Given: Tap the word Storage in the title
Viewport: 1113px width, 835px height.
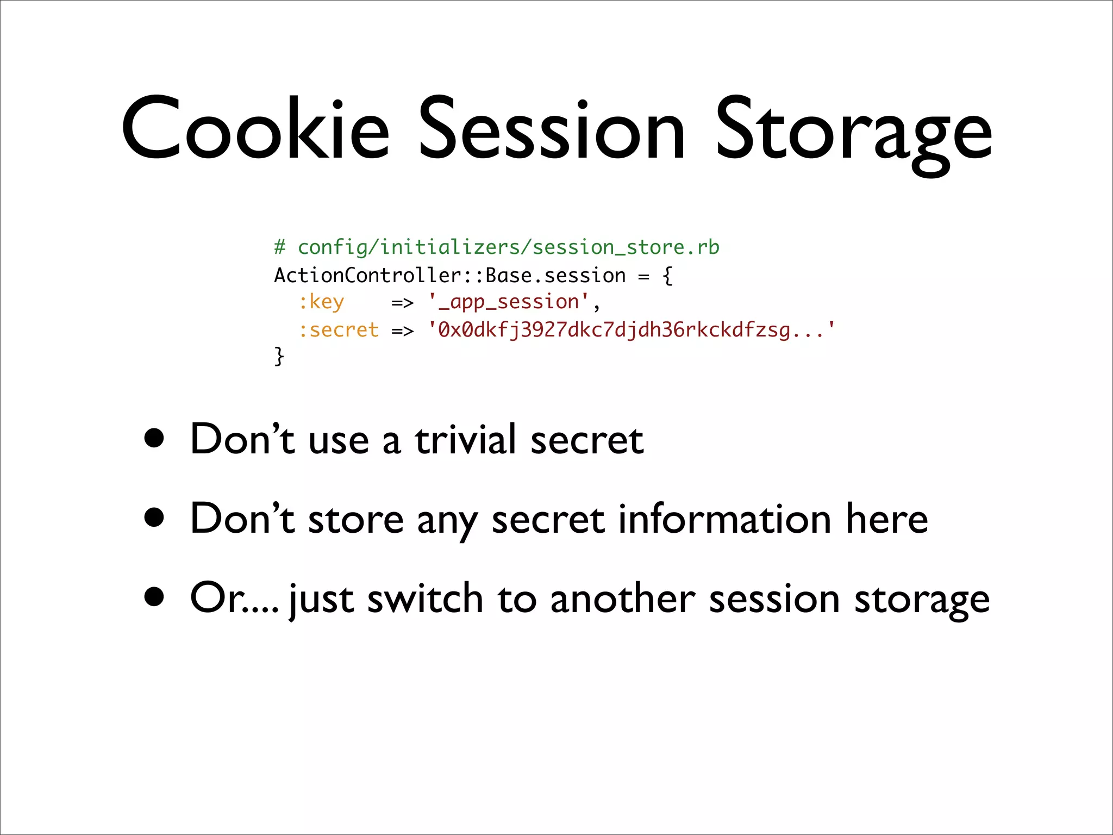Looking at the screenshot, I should click(853, 133).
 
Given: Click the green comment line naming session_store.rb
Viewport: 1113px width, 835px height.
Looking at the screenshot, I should click(496, 248).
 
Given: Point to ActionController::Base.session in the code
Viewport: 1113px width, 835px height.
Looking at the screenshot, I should click(449, 276).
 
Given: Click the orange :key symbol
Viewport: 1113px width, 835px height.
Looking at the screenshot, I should click(321, 302).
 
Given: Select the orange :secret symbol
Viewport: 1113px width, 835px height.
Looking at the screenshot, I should click(339, 330).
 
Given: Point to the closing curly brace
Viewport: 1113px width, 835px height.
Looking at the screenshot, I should click(279, 357).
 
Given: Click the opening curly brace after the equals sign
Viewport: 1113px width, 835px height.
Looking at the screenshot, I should click(667, 276).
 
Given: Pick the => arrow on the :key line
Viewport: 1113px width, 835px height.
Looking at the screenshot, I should click(402, 303).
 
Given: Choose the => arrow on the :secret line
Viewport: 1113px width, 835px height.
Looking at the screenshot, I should click(402, 331).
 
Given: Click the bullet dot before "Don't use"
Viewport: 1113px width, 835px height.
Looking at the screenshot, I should click(154, 438).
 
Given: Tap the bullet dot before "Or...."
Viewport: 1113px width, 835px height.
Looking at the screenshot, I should click(154, 597).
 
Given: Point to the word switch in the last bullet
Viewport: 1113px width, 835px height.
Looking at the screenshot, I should click(425, 599).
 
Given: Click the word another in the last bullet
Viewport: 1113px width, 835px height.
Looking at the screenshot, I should click(622, 599).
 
